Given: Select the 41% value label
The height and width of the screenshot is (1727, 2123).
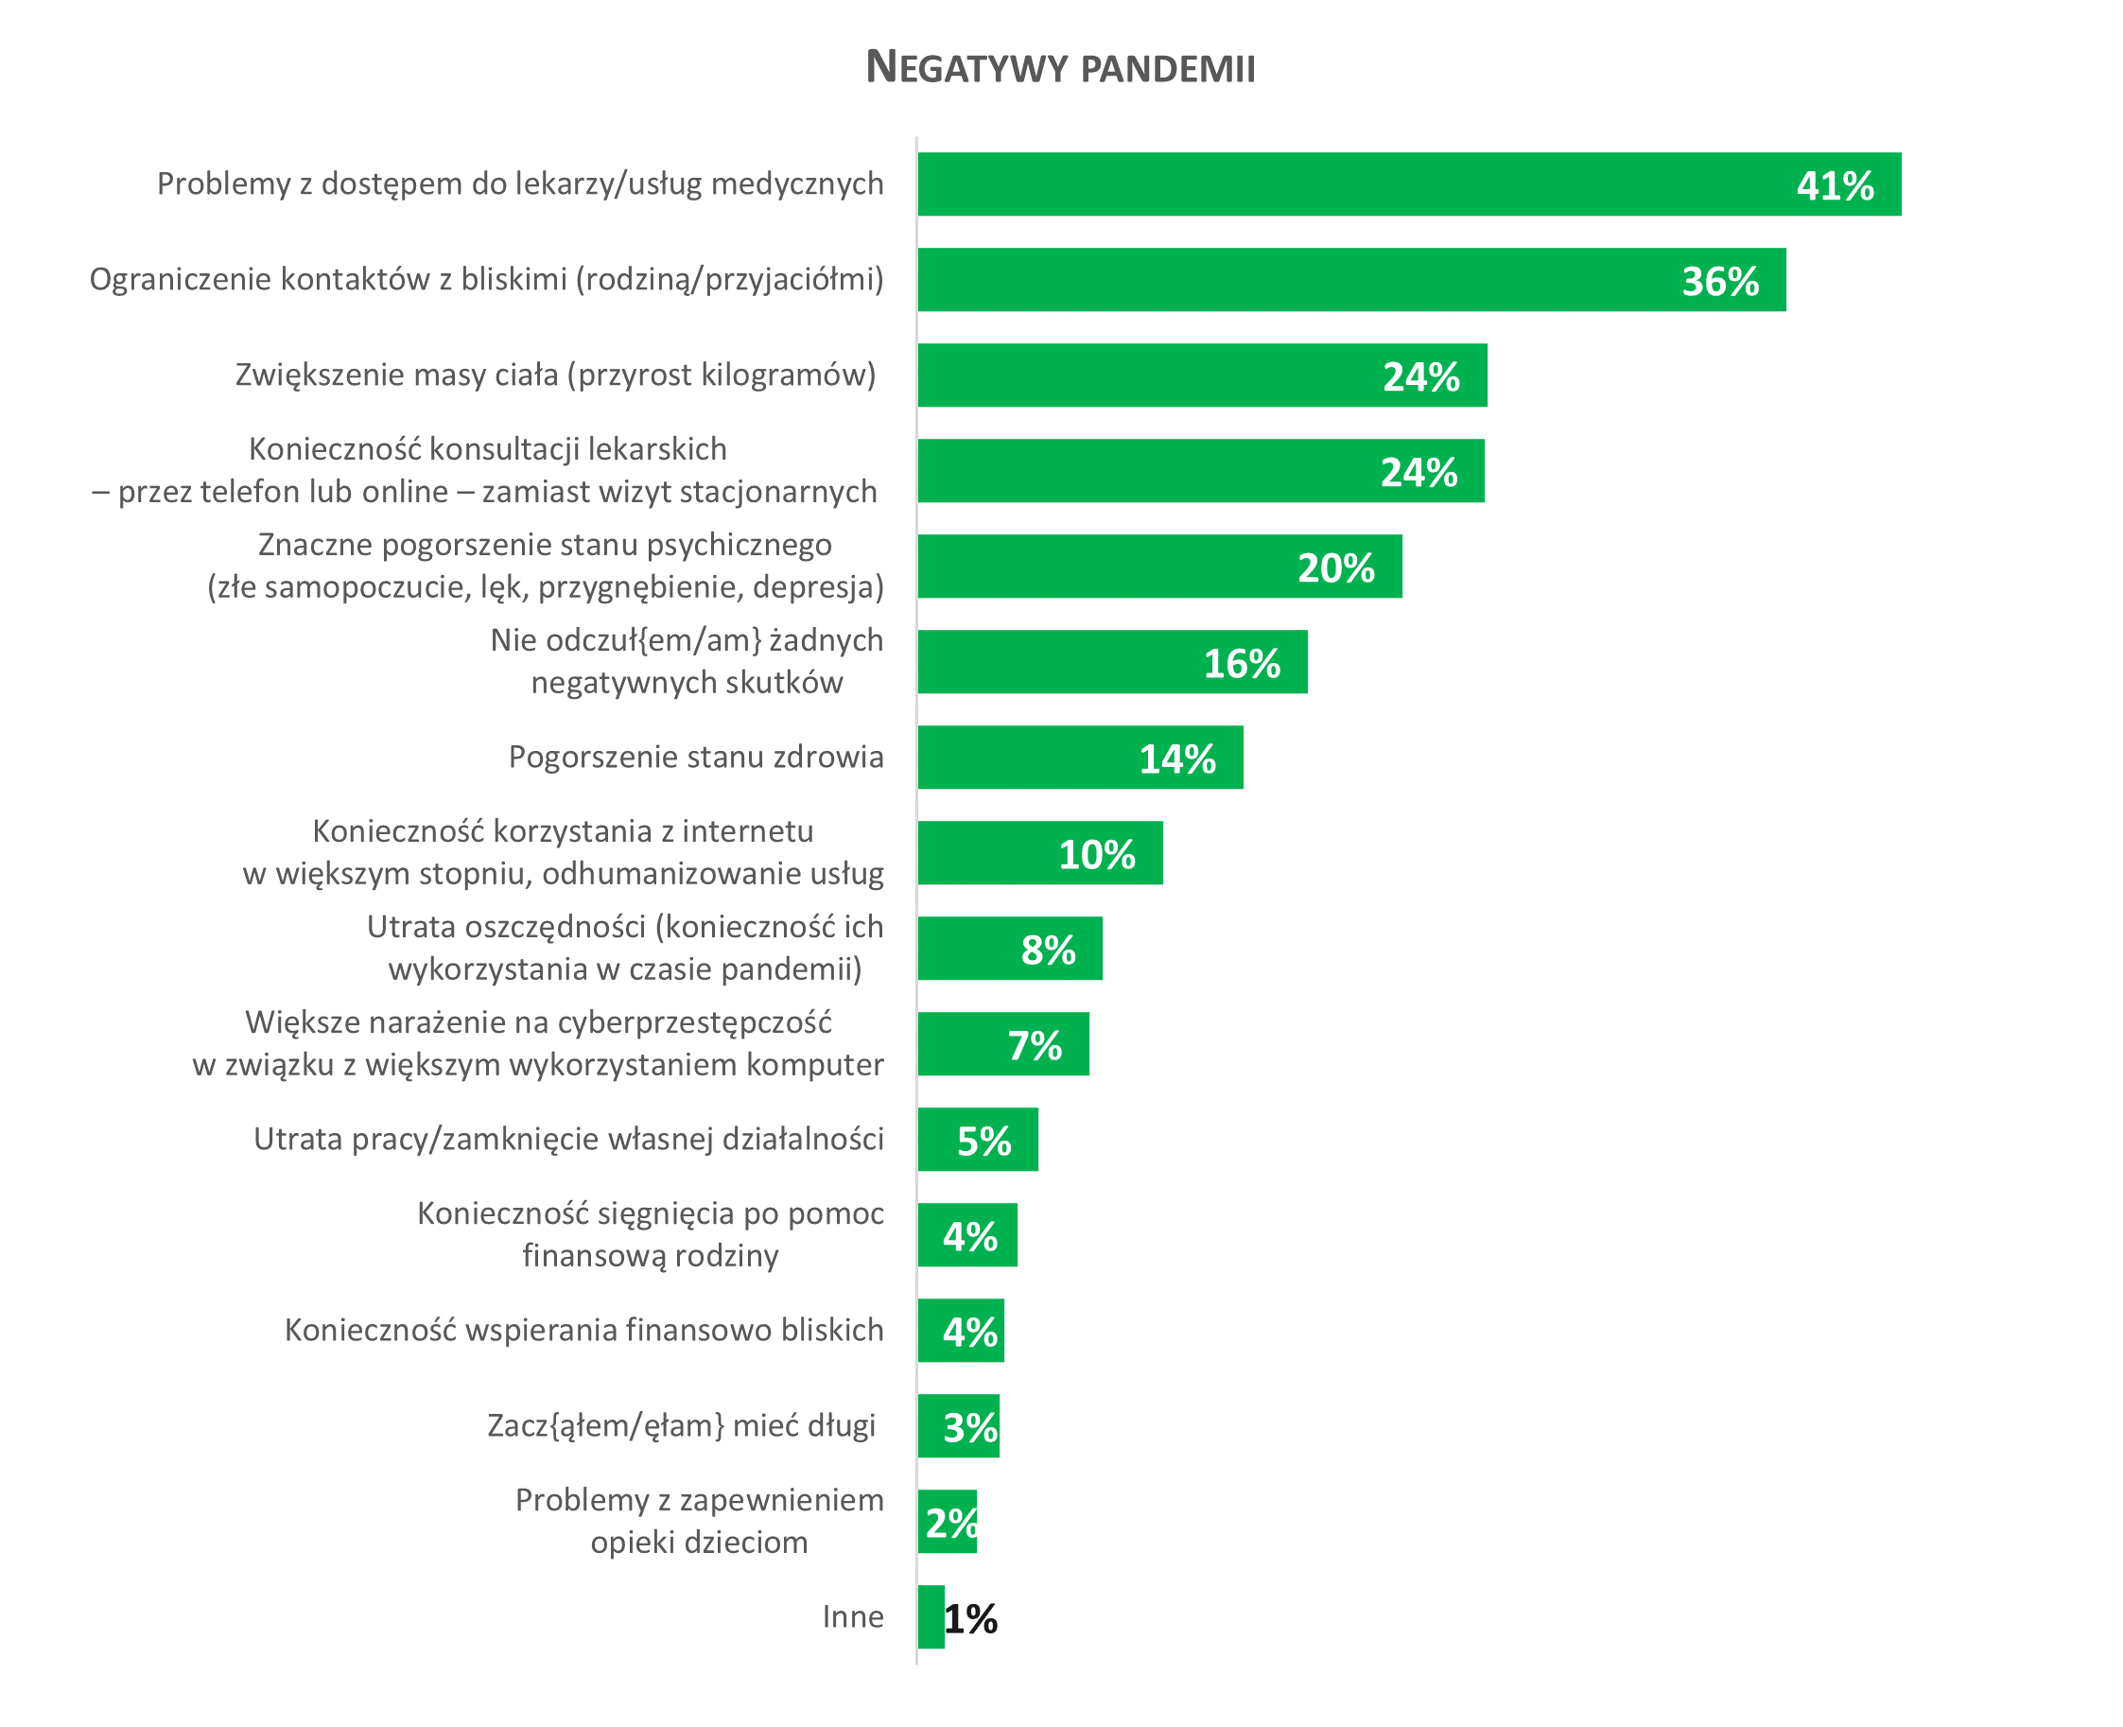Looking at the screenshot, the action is pos(1836,186).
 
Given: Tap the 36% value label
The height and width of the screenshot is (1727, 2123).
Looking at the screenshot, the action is pos(1720,282).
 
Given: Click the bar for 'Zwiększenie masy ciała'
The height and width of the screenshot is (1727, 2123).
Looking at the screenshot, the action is pos(1202,375).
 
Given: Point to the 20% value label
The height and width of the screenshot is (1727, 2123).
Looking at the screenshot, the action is pos(1336,568).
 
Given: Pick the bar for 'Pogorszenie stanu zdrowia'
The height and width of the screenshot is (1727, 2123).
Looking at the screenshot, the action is pos(1080,757).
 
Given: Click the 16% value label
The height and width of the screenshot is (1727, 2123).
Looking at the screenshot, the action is pos(1242,664).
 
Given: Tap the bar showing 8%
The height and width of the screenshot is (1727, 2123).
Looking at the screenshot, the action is pos(1010,948).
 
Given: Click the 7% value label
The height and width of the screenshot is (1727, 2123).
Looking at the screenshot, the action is pos(1035,1045).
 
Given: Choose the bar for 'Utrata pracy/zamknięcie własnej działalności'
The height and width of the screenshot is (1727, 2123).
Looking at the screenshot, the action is pos(978,1139).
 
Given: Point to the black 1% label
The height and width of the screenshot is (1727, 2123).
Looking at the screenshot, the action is pos(971,1618).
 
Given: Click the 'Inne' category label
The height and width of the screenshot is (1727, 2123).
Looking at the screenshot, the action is pos(853,1616).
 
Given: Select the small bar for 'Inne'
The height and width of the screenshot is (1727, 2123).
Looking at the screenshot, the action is pos(931,1616).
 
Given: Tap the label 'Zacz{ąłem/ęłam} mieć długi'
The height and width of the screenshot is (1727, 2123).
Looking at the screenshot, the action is pos(682,1425).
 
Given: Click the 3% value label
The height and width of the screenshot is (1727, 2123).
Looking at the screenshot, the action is pos(971,1427).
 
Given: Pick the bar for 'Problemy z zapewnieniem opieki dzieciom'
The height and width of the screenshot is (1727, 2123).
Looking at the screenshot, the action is pos(948,1521).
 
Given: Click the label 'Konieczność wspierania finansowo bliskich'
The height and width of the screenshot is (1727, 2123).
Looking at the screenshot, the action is pos(584,1330).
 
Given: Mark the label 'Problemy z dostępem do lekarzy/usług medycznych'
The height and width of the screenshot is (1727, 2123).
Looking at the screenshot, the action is pos(520,184).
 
